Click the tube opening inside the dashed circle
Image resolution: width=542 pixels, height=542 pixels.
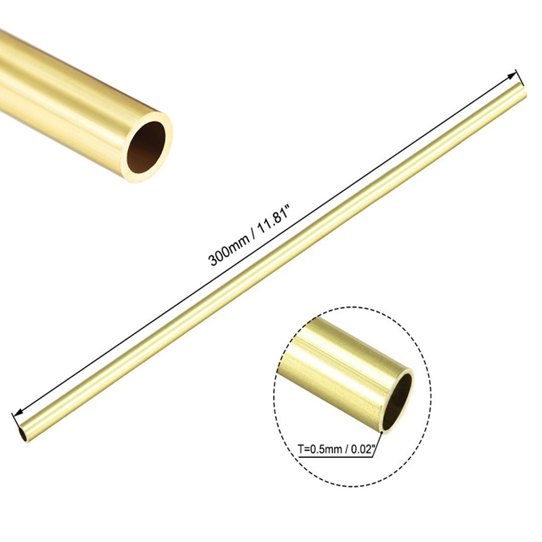(x=398, y=398)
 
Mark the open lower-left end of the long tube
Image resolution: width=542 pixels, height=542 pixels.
(x=24, y=432)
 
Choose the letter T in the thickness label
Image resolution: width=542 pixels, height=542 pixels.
(x=301, y=448)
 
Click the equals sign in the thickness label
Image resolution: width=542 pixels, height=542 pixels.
(x=308, y=448)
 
